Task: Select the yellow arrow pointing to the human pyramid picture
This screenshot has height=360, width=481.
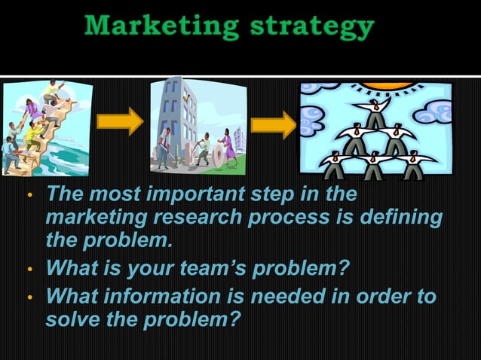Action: pyautogui.click(x=273, y=124)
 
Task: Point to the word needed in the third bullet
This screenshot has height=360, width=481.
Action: pyautogui.click(x=287, y=295)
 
